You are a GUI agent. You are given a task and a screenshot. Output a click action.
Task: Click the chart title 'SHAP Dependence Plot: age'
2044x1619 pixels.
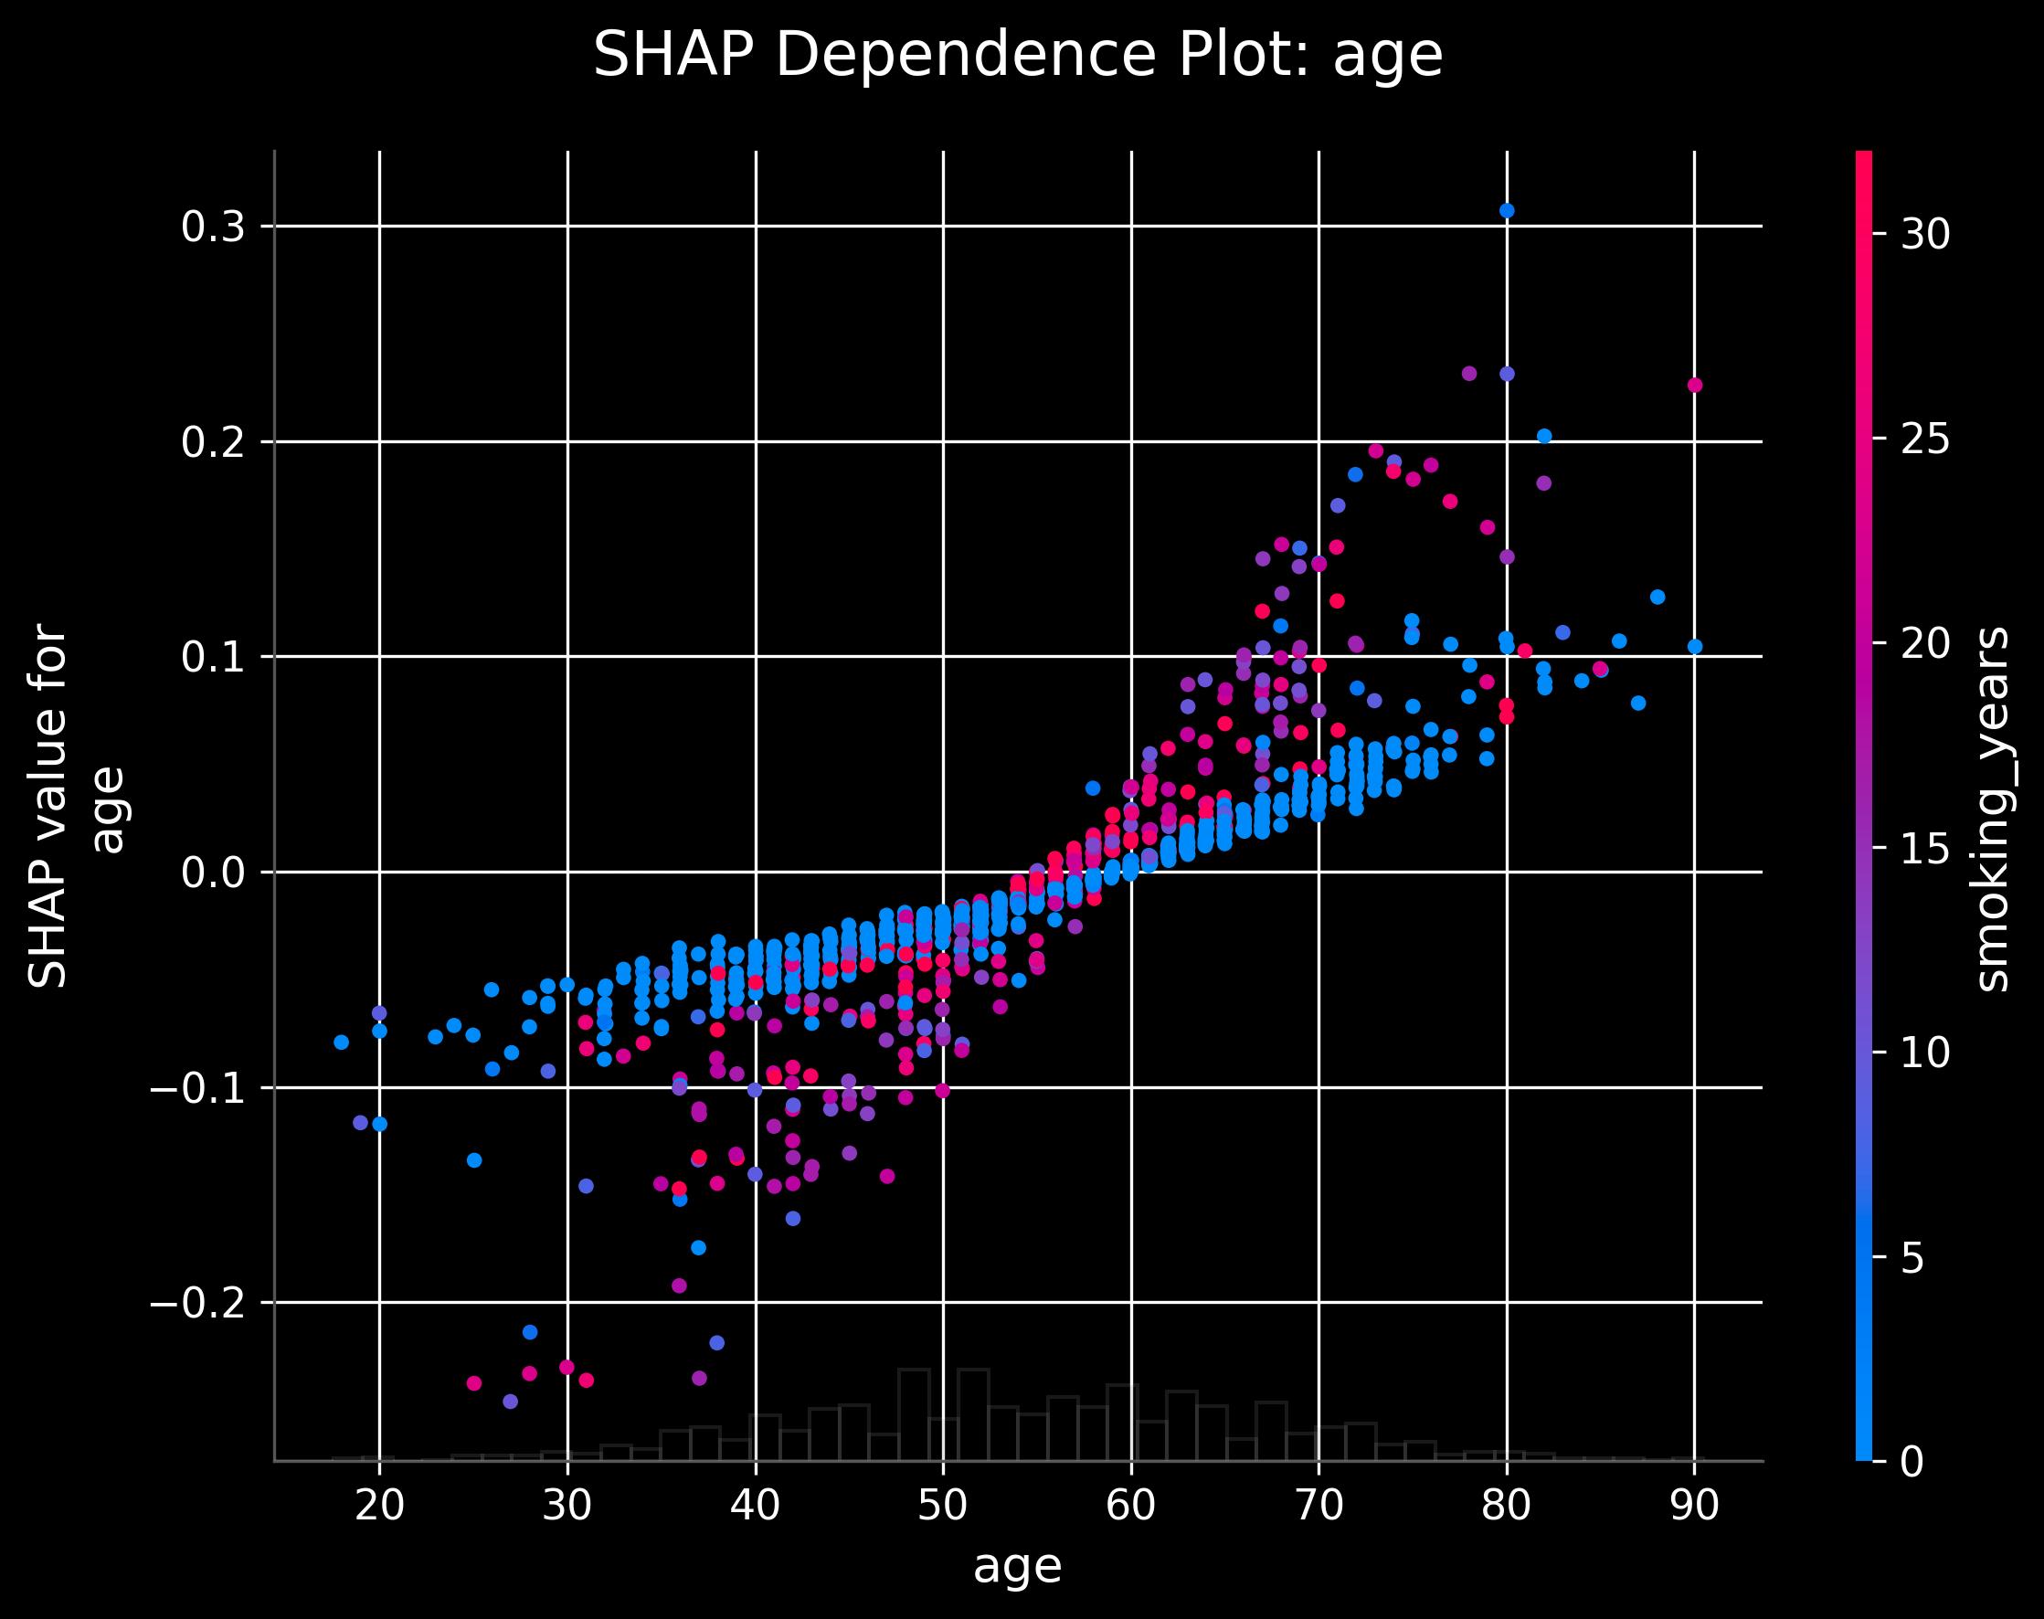(1017, 55)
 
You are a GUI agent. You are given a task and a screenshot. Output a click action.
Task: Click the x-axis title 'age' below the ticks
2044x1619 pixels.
(1017, 1567)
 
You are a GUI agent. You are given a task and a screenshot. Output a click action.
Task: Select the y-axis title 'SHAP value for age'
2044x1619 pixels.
(76, 806)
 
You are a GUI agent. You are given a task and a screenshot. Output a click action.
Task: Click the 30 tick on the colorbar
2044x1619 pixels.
(1925, 234)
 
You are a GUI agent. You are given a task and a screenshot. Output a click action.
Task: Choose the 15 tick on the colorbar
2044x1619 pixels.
(1925, 849)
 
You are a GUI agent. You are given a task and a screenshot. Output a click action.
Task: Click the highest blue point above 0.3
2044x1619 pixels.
(1507, 210)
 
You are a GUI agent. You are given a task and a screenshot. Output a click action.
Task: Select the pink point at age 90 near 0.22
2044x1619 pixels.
(1695, 385)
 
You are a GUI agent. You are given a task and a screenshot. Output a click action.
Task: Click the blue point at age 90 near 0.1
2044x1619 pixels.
(1695, 647)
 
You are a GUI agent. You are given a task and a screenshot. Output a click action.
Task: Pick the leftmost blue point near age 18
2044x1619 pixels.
(342, 1042)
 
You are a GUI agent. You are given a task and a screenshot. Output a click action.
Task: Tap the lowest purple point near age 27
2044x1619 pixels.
(510, 1401)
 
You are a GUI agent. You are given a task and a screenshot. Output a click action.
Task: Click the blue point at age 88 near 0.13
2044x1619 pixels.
(1657, 598)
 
